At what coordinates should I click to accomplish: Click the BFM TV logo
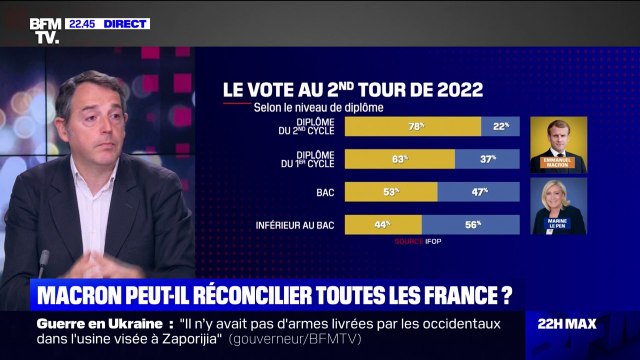44,30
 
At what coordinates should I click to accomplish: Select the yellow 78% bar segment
413,126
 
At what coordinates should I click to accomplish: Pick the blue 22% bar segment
500,126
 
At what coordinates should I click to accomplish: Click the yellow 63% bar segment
400,158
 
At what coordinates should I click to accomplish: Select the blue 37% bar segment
487,158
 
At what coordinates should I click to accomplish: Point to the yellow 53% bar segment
391,191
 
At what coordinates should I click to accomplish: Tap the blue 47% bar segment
478,191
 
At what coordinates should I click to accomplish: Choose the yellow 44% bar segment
383,224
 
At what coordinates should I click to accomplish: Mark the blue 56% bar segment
470,224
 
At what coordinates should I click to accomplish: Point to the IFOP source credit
421,242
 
